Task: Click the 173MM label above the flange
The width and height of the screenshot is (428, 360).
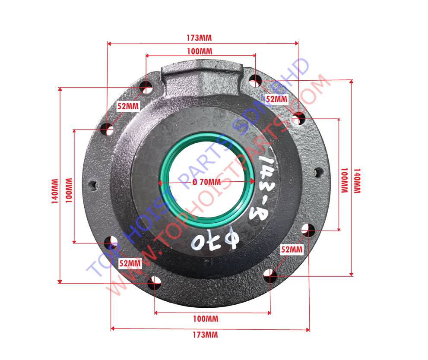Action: [199, 38]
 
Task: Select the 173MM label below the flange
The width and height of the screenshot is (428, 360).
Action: [205, 335]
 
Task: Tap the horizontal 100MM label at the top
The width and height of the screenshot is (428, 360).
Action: [200, 51]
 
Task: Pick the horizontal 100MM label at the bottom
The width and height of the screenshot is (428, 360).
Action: [206, 319]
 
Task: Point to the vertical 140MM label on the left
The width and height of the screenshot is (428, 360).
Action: [55, 191]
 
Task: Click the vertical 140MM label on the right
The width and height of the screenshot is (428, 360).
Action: [357, 181]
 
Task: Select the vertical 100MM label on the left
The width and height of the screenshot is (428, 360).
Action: [69, 190]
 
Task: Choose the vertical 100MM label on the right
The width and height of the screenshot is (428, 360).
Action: [345, 180]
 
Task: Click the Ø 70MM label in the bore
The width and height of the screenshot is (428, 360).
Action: [206, 182]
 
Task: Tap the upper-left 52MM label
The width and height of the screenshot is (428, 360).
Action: [128, 106]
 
